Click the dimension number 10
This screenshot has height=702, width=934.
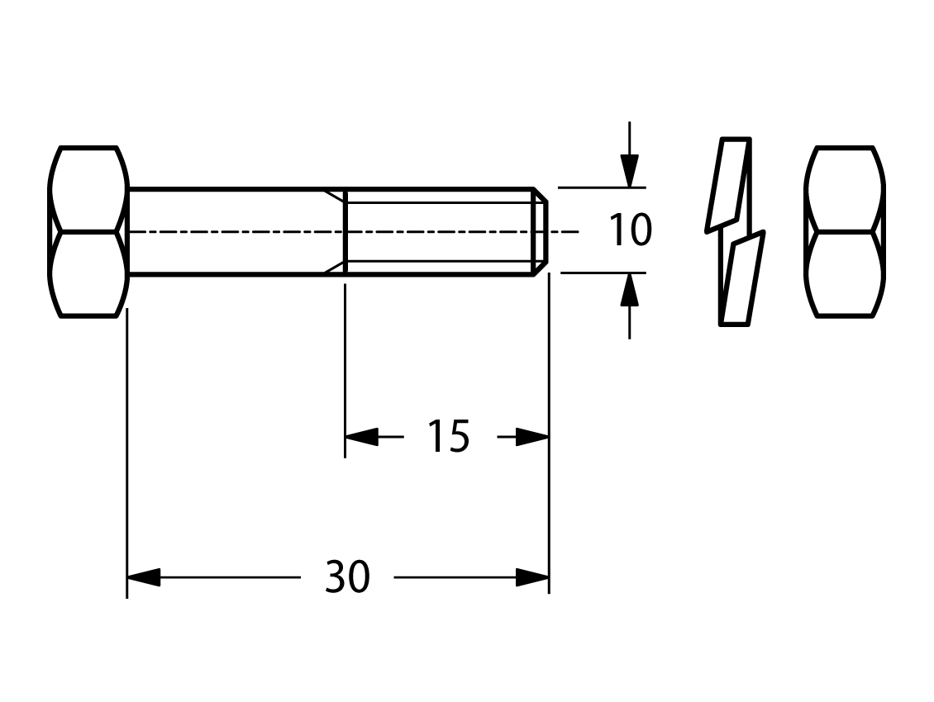click(630, 230)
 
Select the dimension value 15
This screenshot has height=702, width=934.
click(449, 436)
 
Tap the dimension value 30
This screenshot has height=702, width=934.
click(347, 577)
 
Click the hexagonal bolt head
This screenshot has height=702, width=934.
click(88, 231)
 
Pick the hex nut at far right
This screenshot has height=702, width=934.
click(845, 231)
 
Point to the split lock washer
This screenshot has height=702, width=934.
click(735, 231)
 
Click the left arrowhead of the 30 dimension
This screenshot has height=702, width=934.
click(144, 577)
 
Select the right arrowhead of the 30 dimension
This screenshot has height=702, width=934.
click(532, 577)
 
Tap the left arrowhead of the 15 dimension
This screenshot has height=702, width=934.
click(361, 436)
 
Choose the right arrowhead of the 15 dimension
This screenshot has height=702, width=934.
click(532, 436)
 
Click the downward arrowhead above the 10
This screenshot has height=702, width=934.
click(629, 171)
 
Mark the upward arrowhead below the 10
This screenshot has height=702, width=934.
click(629, 289)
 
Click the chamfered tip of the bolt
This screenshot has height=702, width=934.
click(541, 231)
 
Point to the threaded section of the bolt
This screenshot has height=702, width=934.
click(439, 231)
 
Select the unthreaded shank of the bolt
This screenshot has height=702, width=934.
click(236, 231)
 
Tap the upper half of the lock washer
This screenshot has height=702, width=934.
click(728, 184)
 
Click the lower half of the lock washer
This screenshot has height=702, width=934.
click(743, 278)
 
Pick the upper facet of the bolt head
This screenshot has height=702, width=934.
click(88, 188)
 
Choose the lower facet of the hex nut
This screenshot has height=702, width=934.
click(845, 274)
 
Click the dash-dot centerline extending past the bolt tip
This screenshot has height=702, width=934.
click(564, 231)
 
